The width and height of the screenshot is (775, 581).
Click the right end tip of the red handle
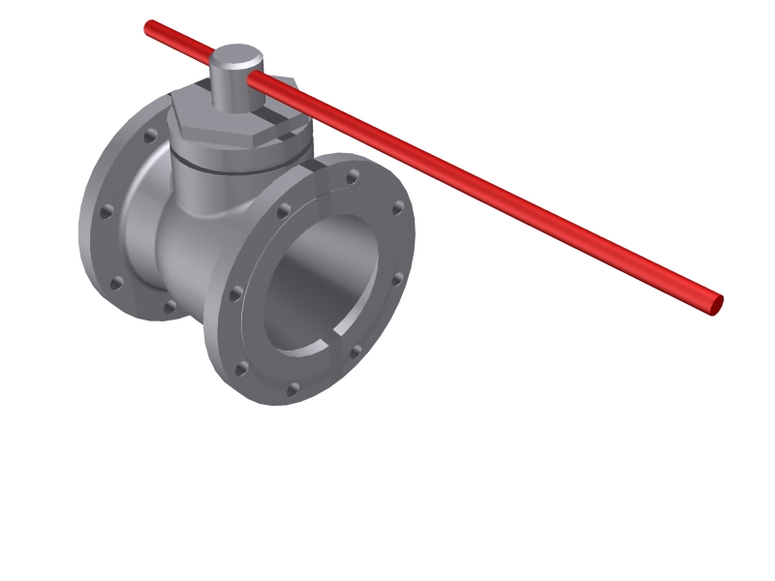[716, 304]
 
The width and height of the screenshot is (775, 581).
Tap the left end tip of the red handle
[149, 27]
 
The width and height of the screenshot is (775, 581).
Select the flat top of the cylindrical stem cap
[235, 56]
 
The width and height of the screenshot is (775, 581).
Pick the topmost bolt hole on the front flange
[353, 176]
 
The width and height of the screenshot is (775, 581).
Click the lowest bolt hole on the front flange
[292, 389]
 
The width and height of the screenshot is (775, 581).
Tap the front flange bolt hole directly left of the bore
[234, 291]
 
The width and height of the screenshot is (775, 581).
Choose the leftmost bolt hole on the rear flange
[104, 209]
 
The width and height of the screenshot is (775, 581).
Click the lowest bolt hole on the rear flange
[170, 307]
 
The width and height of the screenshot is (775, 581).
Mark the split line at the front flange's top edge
[312, 166]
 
